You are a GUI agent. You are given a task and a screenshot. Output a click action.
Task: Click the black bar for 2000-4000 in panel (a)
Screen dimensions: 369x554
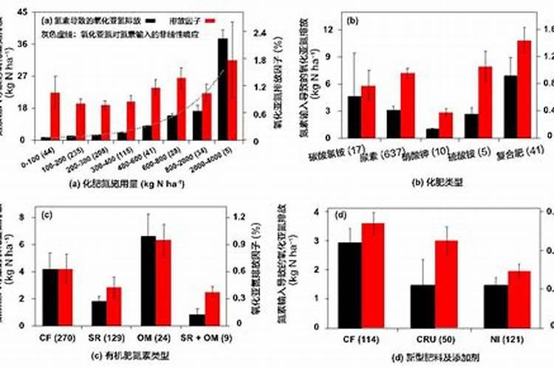222,89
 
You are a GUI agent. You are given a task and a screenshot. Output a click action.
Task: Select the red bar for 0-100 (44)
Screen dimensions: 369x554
55,116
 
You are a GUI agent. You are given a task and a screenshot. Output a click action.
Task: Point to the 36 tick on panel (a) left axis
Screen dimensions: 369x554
22,44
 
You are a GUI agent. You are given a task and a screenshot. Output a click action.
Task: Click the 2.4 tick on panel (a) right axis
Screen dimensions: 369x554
259,33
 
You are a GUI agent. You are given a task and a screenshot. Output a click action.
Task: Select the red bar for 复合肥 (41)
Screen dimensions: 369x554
524,89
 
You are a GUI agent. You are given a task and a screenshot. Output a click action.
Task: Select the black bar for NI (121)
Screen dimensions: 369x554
496,306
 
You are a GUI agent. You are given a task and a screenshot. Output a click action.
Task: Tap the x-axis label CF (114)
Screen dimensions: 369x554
361,339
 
